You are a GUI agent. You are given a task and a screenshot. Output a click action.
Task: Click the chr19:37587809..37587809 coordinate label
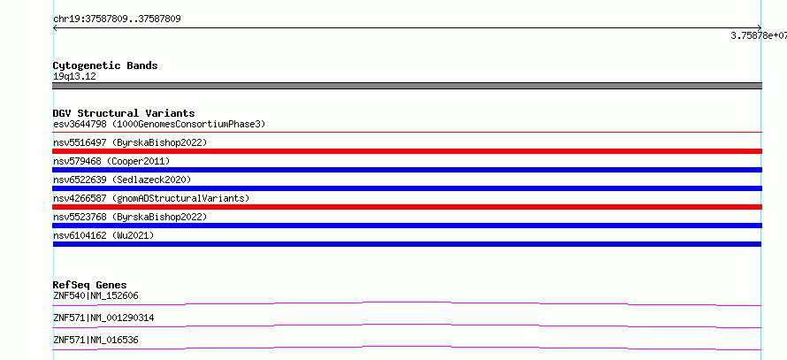point(117,19)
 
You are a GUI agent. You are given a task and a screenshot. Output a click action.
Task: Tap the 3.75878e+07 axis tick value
point(759,35)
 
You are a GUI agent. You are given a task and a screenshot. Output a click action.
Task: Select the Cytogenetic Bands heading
point(105,65)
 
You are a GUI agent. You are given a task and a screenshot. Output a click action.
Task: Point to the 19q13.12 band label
point(74,77)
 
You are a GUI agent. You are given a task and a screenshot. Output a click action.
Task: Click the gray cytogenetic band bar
point(407,86)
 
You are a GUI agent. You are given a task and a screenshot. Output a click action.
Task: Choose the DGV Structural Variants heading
point(124,113)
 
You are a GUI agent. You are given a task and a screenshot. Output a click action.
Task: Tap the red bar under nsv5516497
point(407,151)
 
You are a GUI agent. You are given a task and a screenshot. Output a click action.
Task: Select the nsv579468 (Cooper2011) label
point(111,161)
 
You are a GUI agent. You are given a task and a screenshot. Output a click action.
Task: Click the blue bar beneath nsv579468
point(407,170)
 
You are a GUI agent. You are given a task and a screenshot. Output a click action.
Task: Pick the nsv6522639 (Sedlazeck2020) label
point(122,180)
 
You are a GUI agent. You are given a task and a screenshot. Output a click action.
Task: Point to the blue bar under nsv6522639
point(407,188)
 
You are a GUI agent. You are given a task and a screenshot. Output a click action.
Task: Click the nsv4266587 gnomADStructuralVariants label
point(151,198)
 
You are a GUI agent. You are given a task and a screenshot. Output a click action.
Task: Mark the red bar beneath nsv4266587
point(407,207)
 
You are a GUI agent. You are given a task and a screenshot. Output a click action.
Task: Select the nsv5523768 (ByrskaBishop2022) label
point(130,217)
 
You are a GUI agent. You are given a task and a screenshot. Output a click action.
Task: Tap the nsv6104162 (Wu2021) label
point(103,235)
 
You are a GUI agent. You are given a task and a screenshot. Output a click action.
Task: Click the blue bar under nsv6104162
point(407,244)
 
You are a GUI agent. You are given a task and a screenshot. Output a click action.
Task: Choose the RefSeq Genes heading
point(90,285)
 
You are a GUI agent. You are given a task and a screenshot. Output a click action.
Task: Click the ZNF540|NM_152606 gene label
point(96,295)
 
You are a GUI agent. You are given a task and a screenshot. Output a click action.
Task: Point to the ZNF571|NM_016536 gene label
point(96,341)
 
